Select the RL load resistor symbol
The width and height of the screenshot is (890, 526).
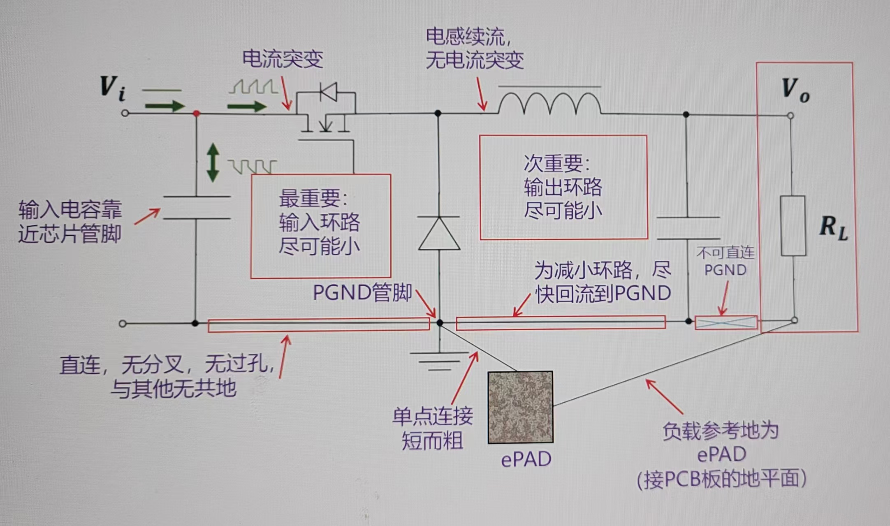[x=793, y=226]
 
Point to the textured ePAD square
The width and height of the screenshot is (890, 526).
[x=520, y=407]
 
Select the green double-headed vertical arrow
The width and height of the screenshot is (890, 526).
[x=213, y=162]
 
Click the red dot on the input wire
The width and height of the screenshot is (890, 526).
[x=197, y=113]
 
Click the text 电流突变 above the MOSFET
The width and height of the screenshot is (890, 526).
[x=283, y=59]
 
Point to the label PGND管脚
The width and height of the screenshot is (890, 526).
[x=362, y=292]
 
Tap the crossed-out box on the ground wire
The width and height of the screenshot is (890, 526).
[x=726, y=322]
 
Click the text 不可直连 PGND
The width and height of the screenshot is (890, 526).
[x=725, y=261]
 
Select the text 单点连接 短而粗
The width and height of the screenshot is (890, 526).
[x=433, y=428]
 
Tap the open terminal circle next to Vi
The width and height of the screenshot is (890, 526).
[x=125, y=113]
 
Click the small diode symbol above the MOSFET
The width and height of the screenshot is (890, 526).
[x=328, y=92]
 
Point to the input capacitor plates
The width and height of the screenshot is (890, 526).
[x=197, y=208]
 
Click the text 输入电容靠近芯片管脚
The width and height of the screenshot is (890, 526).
[x=70, y=222]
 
